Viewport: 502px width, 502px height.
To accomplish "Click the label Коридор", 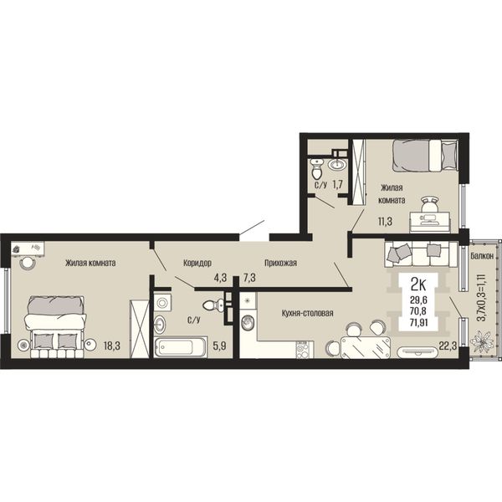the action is coord(197,263).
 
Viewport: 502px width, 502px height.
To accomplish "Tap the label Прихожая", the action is coord(280,263).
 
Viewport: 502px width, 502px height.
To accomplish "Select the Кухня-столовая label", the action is coord(307,313).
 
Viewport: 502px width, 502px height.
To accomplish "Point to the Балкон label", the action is coord(482,256).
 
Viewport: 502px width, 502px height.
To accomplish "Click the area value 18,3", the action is coord(112,346).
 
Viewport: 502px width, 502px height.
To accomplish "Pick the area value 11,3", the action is coord(385,221).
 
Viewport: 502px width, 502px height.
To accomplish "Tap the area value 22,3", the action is coord(448,346).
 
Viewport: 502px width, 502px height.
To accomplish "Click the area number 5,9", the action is coord(220,346).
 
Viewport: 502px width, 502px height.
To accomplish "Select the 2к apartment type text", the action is coord(418,284).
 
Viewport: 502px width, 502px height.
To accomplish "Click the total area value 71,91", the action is coord(419,322).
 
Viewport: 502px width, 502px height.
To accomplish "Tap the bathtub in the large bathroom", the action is coord(181,347).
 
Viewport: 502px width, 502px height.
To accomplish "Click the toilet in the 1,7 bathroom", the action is coord(316,169).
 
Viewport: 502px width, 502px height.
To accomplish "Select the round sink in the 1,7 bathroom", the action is coord(337,165).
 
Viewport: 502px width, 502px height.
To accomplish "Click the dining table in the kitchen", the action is coord(366,347).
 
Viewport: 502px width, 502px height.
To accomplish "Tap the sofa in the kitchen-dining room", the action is coord(421,254).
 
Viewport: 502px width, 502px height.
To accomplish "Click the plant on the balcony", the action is coord(482,341).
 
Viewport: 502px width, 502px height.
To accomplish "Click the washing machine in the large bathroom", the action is coord(162,302).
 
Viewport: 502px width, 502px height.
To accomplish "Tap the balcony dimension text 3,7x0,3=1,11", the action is coord(481,297).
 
